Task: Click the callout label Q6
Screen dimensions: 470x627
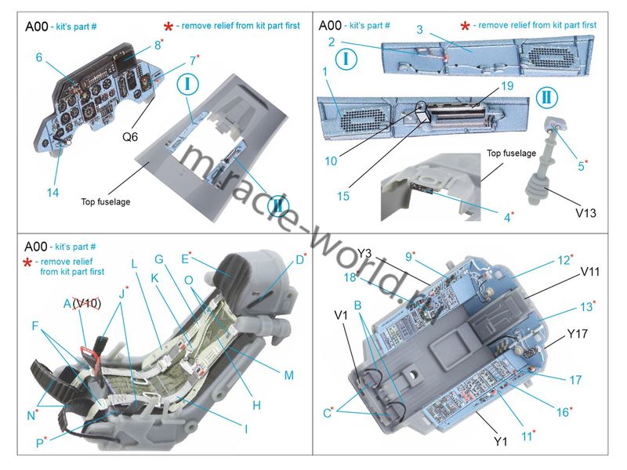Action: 130,136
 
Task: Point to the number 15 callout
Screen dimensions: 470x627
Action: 343,197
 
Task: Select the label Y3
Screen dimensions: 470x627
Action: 365,252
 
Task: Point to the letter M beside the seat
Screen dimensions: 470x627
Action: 288,375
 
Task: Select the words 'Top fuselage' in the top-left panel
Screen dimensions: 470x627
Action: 105,202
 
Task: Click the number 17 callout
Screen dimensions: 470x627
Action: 575,381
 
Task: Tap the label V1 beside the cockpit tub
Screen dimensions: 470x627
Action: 342,315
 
